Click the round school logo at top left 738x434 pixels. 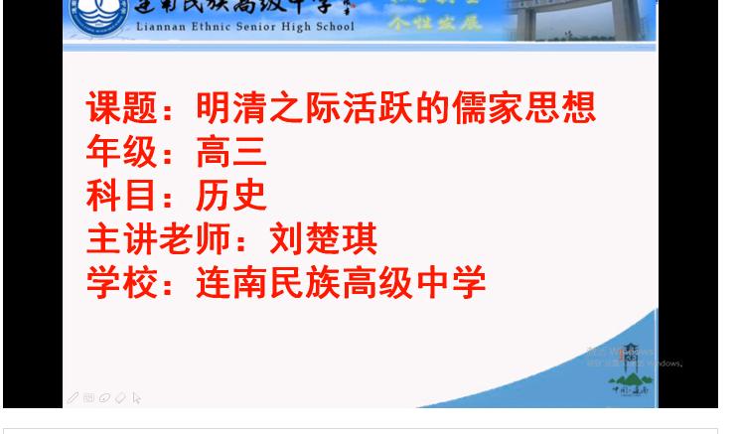click(x=99, y=16)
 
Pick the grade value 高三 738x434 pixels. click(x=231, y=151)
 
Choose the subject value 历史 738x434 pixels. click(x=231, y=195)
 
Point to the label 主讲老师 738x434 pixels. click(x=159, y=239)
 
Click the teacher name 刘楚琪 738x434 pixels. click(x=324, y=239)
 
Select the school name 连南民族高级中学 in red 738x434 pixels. click(x=341, y=283)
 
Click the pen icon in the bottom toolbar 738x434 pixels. click(x=73, y=398)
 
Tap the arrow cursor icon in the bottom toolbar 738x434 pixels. click(x=136, y=398)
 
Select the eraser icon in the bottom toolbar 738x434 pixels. click(x=120, y=398)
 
